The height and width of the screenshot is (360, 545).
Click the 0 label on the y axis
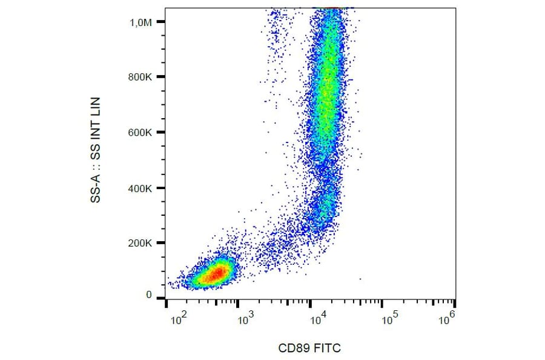149,295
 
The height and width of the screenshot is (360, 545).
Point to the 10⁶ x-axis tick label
448,316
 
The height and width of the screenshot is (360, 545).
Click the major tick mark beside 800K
161,77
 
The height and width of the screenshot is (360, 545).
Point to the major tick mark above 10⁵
381,301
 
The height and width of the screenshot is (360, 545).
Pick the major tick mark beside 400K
161,188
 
